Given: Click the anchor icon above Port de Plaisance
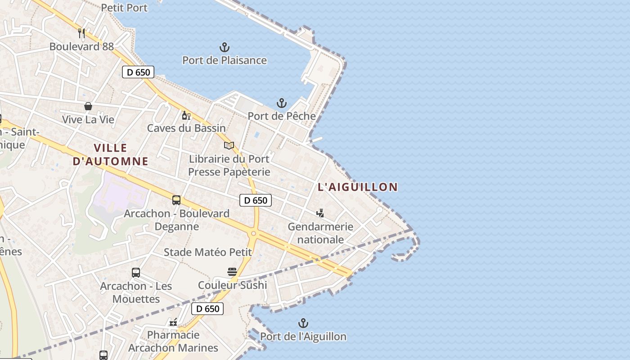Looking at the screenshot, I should click(x=225, y=47).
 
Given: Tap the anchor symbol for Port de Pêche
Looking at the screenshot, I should click(x=282, y=103).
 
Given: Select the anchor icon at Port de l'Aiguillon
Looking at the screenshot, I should click(x=303, y=323).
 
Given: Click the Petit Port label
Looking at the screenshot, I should click(x=124, y=7).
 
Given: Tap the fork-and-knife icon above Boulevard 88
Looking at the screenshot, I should click(x=81, y=33).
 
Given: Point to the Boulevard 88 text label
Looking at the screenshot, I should click(x=81, y=46).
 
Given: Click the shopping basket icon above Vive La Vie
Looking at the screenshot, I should click(x=88, y=106).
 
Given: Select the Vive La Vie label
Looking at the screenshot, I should click(x=88, y=120).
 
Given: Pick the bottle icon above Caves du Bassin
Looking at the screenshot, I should click(x=186, y=116).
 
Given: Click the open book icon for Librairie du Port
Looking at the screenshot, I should click(x=229, y=145).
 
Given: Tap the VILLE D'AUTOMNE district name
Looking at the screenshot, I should click(x=111, y=154).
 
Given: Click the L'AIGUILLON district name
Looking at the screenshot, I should click(x=358, y=187).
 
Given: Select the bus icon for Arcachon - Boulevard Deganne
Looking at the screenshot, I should click(x=176, y=200).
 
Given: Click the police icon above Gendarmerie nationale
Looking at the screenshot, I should click(x=320, y=213).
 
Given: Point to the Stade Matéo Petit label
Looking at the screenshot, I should click(x=208, y=252).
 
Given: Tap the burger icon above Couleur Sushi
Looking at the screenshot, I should click(x=232, y=272).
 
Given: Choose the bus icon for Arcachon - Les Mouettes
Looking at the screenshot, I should click(x=136, y=273).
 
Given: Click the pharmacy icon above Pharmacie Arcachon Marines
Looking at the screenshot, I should click(x=173, y=322).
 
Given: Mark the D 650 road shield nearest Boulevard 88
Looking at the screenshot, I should click(x=138, y=72).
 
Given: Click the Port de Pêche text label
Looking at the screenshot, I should click(x=282, y=116).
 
